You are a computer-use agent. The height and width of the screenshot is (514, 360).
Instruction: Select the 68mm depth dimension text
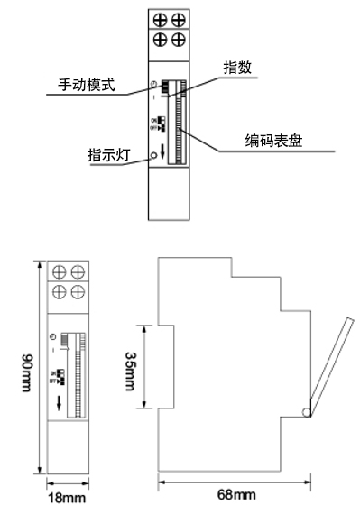pyautogui.click(x=235, y=496)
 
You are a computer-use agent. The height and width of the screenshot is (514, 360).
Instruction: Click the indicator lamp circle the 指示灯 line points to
pyautogui.click(x=155, y=155)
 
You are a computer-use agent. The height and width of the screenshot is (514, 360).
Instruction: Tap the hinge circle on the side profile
pyautogui.click(x=309, y=413)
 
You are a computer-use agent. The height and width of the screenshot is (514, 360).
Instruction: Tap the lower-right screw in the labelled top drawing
pyautogui.click(x=180, y=39)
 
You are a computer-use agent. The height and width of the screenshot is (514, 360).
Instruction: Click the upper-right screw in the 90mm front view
pyautogui.click(x=76, y=271)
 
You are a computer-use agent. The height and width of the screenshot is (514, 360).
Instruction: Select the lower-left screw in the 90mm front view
pyautogui.click(x=58, y=291)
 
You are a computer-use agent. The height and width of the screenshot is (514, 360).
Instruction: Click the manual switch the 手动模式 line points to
pyautogui.click(x=167, y=87)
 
